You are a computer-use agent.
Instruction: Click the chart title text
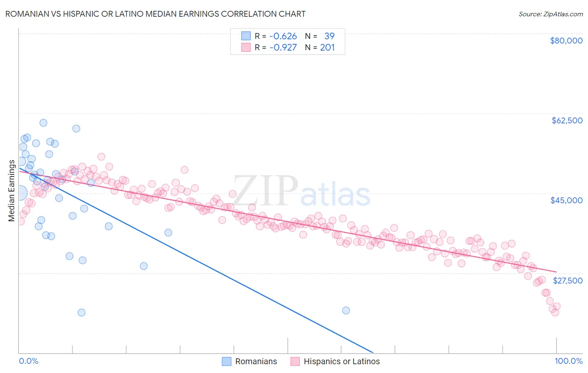(x=155, y=14)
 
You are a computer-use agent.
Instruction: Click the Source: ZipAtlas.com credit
(x=550, y=14)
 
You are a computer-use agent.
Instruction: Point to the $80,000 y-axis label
(x=566, y=41)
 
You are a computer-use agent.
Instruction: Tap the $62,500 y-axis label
(x=567, y=120)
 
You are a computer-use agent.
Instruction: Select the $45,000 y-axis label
(x=566, y=200)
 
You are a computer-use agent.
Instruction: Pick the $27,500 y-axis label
(x=568, y=280)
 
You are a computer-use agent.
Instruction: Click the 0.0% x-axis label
(x=28, y=361)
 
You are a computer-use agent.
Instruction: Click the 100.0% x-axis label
(x=568, y=361)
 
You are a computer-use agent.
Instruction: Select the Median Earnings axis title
(x=11, y=190)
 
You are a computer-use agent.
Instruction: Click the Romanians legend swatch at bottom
(x=226, y=361)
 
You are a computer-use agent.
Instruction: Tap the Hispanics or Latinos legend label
(x=342, y=361)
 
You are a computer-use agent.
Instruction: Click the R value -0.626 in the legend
(x=283, y=36)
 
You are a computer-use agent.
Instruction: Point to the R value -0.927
(x=283, y=47)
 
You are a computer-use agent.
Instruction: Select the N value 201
(x=327, y=47)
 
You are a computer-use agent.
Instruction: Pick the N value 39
(x=329, y=36)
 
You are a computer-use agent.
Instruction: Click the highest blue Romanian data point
(x=43, y=123)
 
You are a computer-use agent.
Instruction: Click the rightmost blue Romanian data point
(x=346, y=310)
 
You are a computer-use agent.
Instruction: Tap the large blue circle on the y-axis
(x=20, y=193)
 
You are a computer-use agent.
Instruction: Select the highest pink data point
(x=101, y=157)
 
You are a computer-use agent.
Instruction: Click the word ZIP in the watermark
(x=266, y=191)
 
